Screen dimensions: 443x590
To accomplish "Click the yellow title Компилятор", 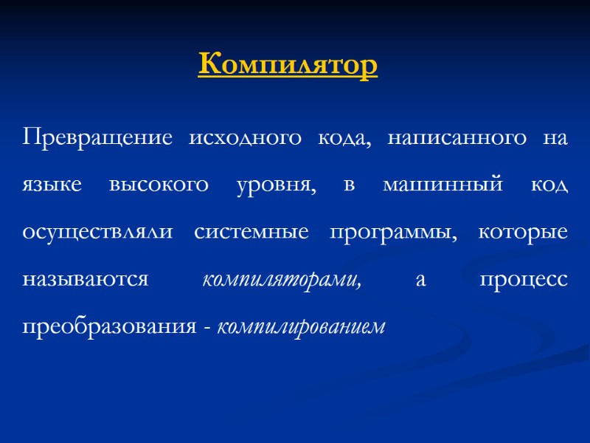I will [x=288, y=65].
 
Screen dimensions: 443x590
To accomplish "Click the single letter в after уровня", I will [x=350, y=185].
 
